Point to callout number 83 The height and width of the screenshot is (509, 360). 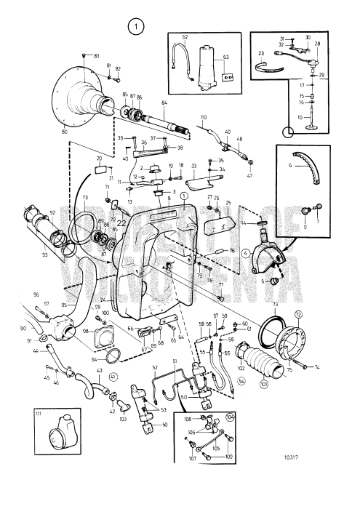[97, 55]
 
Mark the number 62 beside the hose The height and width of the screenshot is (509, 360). [185, 36]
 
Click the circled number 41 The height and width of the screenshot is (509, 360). [113, 377]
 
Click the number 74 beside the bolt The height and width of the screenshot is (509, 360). [316, 368]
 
